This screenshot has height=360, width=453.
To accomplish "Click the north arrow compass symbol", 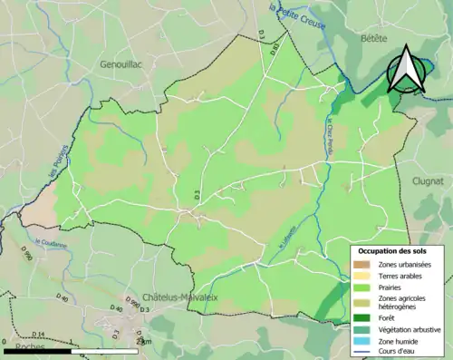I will point(405,71).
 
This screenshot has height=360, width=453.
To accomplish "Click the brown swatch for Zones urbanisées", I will point(362,264).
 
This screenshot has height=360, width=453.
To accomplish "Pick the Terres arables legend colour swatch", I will point(362,276).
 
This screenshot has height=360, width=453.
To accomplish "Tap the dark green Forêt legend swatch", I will point(362,316).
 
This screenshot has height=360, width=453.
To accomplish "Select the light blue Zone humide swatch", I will point(362,340).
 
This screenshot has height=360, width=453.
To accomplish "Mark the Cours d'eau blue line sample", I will point(362,352).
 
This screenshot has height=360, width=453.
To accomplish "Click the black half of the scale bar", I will point(36,350).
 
